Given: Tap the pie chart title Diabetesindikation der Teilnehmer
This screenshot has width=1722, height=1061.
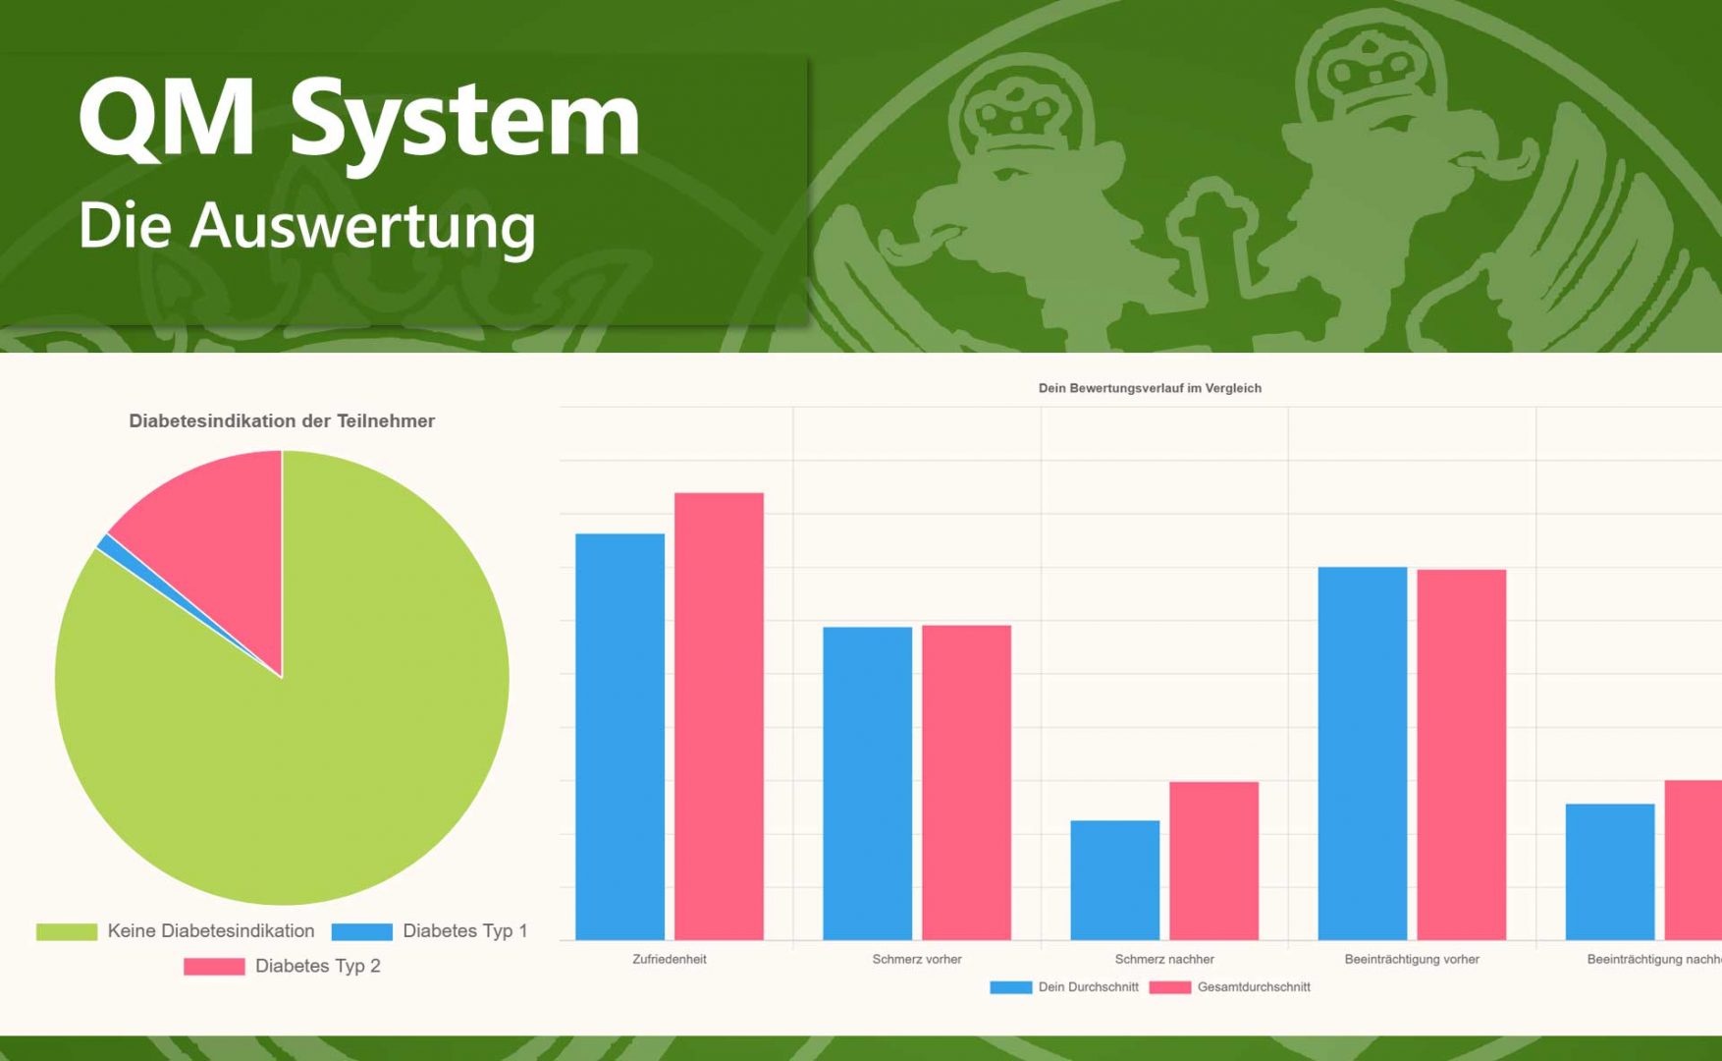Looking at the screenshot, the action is (x=282, y=420).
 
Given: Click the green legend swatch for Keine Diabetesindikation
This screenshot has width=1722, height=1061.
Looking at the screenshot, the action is (x=67, y=931).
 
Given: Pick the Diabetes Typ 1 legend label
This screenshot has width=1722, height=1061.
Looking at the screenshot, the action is (x=464, y=930).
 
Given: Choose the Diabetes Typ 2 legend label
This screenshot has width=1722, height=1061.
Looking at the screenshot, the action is (x=317, y=966).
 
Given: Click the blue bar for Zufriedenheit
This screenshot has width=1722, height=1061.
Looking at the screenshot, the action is (x=619, y=737).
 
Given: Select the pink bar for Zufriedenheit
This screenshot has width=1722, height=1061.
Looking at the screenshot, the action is (x=719, y=716).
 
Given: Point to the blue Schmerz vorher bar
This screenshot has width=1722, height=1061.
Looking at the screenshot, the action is (x=867, y=783).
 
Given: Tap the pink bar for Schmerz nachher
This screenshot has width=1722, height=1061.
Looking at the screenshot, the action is (x=1213, y=861).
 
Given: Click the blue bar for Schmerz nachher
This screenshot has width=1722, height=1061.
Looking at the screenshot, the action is (x=1114, y=880).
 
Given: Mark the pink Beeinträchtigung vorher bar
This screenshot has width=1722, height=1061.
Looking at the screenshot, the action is (x=1461, y=754).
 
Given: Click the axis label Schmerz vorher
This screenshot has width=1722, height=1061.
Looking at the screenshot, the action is (x=917, y=959).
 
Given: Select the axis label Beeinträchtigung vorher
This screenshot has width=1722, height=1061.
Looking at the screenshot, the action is (x=1412, y=959).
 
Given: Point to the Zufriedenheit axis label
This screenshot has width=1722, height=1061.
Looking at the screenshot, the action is (x=670, y=959).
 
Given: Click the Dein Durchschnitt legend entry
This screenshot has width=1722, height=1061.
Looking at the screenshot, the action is (x=1064, y=987).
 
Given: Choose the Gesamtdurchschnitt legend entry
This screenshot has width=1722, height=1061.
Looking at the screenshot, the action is (x=1229, y=987).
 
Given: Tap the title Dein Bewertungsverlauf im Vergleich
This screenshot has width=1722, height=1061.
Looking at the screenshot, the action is (x=1150, y=388).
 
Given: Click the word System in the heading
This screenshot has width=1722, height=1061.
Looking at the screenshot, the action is (x=464, y=122).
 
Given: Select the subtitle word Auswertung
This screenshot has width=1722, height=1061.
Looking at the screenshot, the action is (x=362, y=226).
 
